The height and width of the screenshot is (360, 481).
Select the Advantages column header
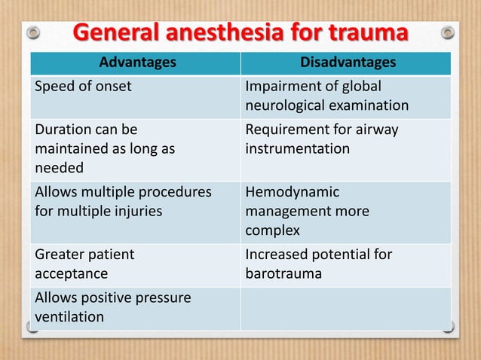[135, 63]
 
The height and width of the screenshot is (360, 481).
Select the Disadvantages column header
[345, 63]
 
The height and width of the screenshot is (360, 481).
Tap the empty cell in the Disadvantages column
[345, 307]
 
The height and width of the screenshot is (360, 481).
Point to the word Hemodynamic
[293, 193]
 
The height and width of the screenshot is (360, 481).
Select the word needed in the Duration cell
[60, 167]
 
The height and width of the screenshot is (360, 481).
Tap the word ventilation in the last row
[69, 316]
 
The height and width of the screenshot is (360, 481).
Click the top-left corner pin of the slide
[32, 33]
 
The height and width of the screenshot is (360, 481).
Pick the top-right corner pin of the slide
[448, 33]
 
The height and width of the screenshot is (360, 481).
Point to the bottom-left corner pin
[32, 327]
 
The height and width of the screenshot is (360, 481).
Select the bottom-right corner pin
[448, 327]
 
